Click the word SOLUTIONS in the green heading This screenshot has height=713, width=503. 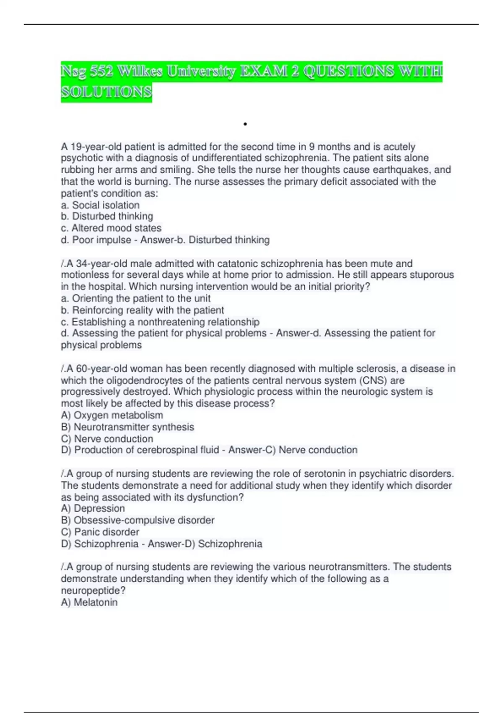pos(106,91)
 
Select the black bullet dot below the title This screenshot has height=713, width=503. pos(245,124)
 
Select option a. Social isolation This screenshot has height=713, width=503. pos(100,205)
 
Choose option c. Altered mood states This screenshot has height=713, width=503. pos(111,228)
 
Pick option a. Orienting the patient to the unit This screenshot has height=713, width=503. pos(135,298)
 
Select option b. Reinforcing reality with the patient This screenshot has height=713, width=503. pos(142,310)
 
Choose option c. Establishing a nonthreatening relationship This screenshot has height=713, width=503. pos(160,322)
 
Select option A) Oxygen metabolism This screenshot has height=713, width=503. pos(112,415)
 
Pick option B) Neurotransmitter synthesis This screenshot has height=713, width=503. pos(127,427)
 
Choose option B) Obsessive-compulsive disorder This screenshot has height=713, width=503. pos(137,520)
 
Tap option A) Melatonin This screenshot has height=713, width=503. pos(89,602)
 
